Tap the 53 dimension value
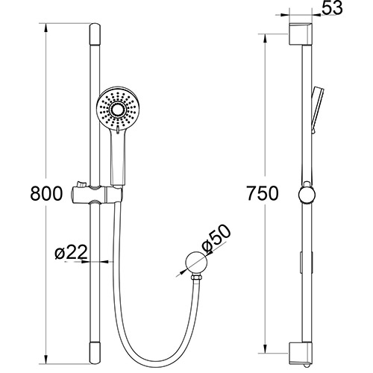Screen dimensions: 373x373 (x=333, y=10)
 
